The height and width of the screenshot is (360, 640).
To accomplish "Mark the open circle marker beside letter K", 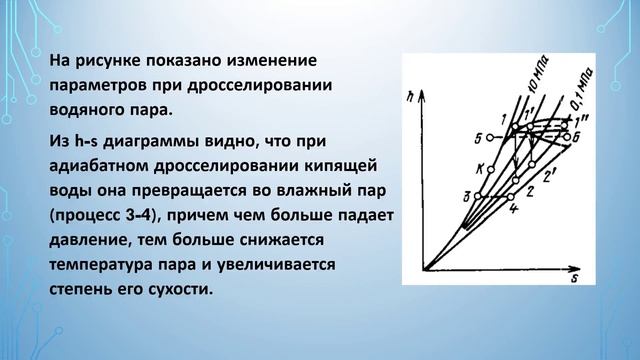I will pyautogui.click(x=493, y=168).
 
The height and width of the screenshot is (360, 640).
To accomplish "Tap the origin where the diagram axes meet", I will pyautogui.click(x=424, y=269).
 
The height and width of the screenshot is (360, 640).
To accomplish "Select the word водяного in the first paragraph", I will pyautogui.click(x=88, y=108).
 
